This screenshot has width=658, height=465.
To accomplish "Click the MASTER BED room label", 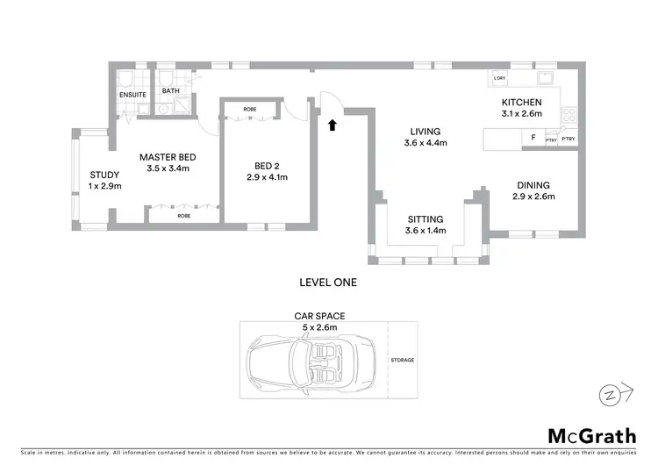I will (x=167, y=157).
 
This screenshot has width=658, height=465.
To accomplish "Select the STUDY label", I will (x=104, y=175).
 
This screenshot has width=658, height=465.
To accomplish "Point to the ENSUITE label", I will (x=132, y=95).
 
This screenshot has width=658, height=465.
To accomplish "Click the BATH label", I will (x=170, y=89).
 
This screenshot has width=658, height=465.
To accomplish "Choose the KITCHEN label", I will (x=522, y=103).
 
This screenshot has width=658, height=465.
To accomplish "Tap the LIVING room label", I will (x=426, y=132).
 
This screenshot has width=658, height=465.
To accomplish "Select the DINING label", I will (x=533, y=185).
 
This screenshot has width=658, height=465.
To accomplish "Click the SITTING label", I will (x=426, y=219).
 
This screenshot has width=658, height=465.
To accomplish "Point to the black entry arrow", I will (x=333, y=125).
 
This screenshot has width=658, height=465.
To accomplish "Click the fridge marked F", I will (x=533, y=138).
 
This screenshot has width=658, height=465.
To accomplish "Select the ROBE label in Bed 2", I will (x=250, y=110).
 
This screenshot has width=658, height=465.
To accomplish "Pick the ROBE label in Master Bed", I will (x=183, y=215).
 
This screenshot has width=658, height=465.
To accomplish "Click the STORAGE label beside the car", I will (x=404, y=360).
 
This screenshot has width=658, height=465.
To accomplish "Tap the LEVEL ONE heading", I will (x=328, y=283).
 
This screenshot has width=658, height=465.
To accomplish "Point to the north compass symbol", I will (x=612, y=393).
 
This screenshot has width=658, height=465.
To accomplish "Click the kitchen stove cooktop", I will (x=569, y=114).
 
